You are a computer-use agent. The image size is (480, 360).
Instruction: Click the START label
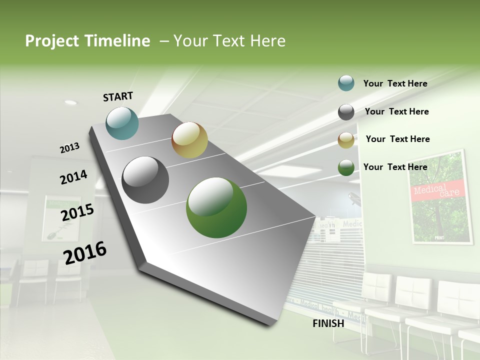tap(118, 96)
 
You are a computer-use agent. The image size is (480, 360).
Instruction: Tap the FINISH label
tap(328, 323)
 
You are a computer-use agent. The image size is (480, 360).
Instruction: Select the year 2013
tap(69, 148)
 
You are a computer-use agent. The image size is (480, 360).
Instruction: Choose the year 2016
tap(85, 253)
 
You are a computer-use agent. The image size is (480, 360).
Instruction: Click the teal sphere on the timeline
tap(122, 123)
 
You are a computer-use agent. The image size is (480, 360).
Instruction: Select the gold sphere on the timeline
tap(189, 140)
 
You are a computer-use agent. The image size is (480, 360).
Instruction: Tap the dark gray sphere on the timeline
tap(145, 180)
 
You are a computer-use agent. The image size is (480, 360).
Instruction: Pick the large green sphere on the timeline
tap(216, 207)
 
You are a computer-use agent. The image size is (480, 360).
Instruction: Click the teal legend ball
tap(346, 83)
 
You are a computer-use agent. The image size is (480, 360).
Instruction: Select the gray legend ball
tap(346, 112)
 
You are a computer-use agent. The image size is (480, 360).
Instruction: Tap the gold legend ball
tap(346, 140)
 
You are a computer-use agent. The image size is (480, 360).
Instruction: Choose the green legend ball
tap(346, 167)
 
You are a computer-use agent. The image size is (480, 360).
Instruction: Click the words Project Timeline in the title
tap(87, 41)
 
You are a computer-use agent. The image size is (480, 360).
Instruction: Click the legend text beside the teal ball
tap(395, 84)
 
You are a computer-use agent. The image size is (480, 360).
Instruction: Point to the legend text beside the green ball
tap(395, 167)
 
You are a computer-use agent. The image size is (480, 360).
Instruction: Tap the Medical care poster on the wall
tap(439, 196)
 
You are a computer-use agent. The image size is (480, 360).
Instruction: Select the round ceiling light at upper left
tap(70, 102)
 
